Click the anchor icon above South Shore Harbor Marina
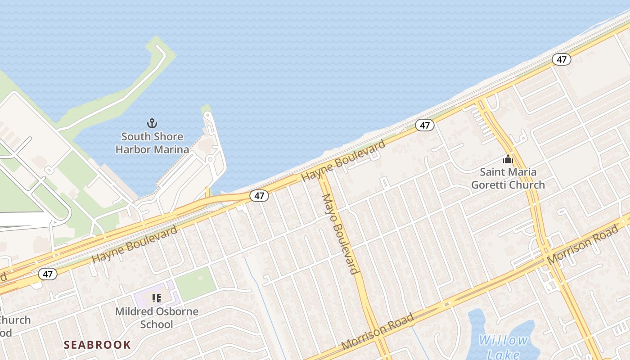coord(152,123)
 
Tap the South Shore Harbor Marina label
coord(152,143)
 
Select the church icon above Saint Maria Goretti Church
coord(508,159)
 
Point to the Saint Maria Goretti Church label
coord(508,178)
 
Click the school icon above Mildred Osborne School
coord(157,298)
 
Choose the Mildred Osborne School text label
coord(157,318)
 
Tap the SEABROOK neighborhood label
coord(97,345)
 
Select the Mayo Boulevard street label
coord(341,234)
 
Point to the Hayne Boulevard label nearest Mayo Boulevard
coord(343,161)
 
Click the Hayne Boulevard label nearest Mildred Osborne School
coord(135,245)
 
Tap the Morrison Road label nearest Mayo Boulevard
coord(378,332)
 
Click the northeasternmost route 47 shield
coord(561,59)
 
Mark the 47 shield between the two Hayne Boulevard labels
coord(259,196)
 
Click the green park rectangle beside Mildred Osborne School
coord(195,283)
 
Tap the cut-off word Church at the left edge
coord(15,320)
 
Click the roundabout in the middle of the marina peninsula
coord(210,159)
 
